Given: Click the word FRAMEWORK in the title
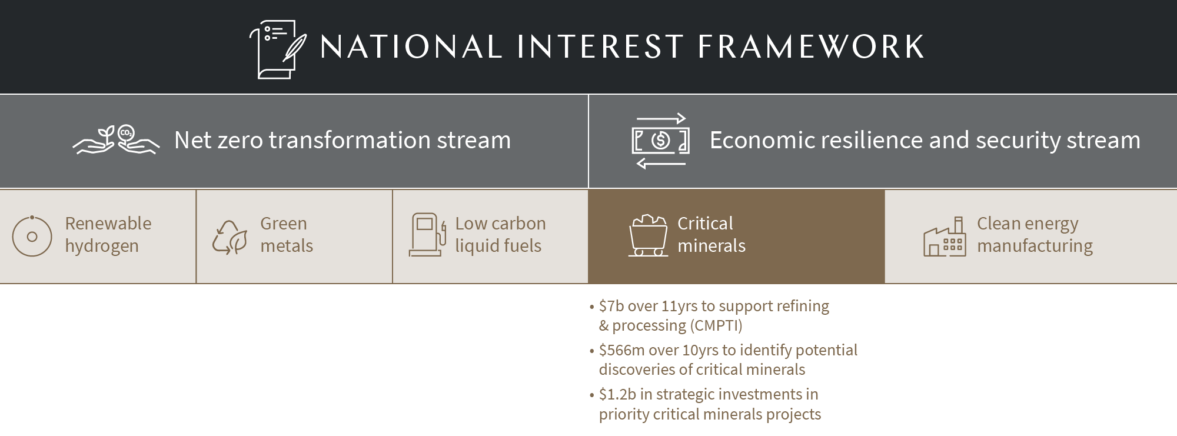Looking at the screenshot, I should click(x=810, y=47).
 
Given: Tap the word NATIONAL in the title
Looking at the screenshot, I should click(x=411, y=47).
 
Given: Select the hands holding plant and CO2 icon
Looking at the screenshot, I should click(x=116, y=140).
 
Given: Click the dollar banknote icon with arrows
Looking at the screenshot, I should click(x=660, y=141).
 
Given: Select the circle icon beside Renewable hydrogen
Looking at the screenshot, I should click(x=32, y=236).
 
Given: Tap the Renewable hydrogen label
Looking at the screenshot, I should click(x=108, y=234).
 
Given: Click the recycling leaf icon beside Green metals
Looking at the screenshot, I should click(x=229, y=237).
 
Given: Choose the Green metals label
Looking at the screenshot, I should click(x=286, y=234).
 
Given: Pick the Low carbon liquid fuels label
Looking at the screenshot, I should click(x=500, y=234).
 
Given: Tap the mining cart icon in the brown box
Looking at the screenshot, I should click(x=648, y=235).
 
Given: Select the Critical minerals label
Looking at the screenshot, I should click(x=710, y=234).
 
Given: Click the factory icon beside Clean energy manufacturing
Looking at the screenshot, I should click(x=944, y=237).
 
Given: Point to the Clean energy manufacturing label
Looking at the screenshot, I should click(x=1034, y=234).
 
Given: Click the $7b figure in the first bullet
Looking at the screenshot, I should click(x=610, y=306).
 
